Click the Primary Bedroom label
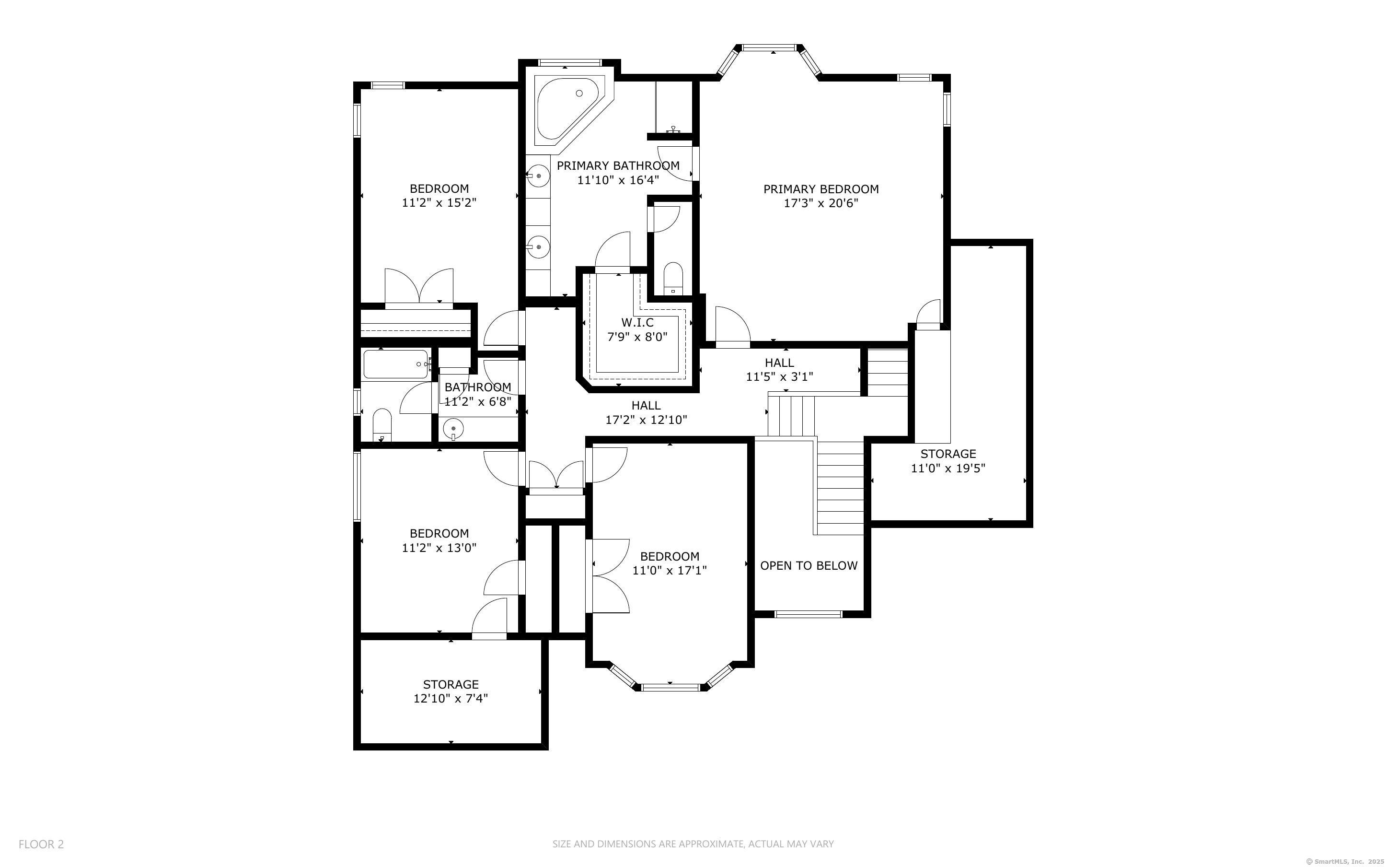coord(821,188)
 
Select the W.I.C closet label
coord(637,323)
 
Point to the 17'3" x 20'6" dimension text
coord(821,203)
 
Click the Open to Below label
coord(809,565)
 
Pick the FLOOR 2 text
coord(41,844)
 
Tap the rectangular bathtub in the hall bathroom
coord(396,364)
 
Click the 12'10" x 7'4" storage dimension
coord(451,698)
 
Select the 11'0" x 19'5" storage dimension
coord(948,468)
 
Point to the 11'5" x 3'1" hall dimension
coord(779,377)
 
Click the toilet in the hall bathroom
coord(382,425)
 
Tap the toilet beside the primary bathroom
coord(673,279)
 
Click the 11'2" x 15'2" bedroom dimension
coord(439,202)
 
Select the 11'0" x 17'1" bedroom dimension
coord(669,570)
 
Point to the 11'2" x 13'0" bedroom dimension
coord(439,548)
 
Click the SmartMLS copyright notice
coord(1345,861)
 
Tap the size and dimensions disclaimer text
coord(693,844)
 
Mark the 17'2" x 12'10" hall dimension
coord(646,420)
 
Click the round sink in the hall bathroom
coord(453,428)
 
